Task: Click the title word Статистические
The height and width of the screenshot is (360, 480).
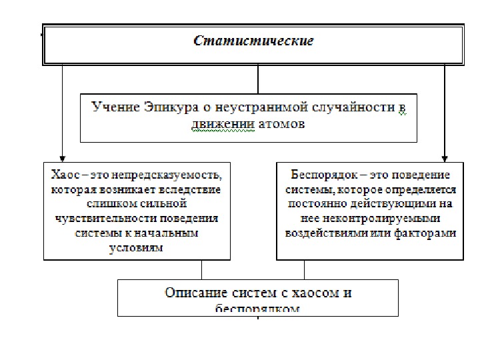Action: tap(253, 41)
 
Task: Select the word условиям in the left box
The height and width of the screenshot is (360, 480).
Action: tap(137, 247)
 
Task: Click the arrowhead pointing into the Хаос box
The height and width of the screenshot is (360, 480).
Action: tap(61, 157)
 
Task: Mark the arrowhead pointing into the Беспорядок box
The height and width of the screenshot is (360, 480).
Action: tap(445, 157)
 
